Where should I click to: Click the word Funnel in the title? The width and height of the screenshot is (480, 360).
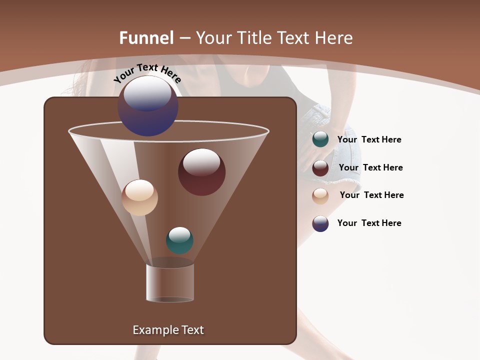(x=146, y=38)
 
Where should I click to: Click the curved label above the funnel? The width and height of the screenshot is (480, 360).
(x=147, y=73)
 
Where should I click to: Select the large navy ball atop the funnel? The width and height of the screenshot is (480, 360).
(x=148, y=106)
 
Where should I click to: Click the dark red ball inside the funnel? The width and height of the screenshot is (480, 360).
(x=201, y=172)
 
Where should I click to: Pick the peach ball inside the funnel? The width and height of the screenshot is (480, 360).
(x=139, y=197)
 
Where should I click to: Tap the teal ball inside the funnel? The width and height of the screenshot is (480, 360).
(x=179, y=240)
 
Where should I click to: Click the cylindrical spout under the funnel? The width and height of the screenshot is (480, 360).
(x=170, y=282)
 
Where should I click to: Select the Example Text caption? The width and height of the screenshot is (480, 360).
(x=168, y=330)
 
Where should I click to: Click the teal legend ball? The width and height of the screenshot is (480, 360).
(x=320, y=139)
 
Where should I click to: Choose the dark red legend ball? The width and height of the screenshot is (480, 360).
(x=320, y=167)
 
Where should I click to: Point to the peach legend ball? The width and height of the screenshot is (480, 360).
(x=320, y=195)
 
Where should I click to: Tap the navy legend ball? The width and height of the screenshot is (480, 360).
(x=320, y=223)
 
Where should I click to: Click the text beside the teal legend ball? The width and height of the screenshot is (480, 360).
(x=369, y=140)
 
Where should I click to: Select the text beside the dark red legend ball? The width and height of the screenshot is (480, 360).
(x=370, y=167)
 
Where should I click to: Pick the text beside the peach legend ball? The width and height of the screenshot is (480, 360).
(x=371, y=195)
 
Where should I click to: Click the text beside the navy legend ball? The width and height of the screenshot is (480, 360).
(x=369, y=223)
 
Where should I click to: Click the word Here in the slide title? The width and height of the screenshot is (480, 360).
(x=334, y=38)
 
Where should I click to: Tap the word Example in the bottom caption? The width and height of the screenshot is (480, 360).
(x=151, y=330)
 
